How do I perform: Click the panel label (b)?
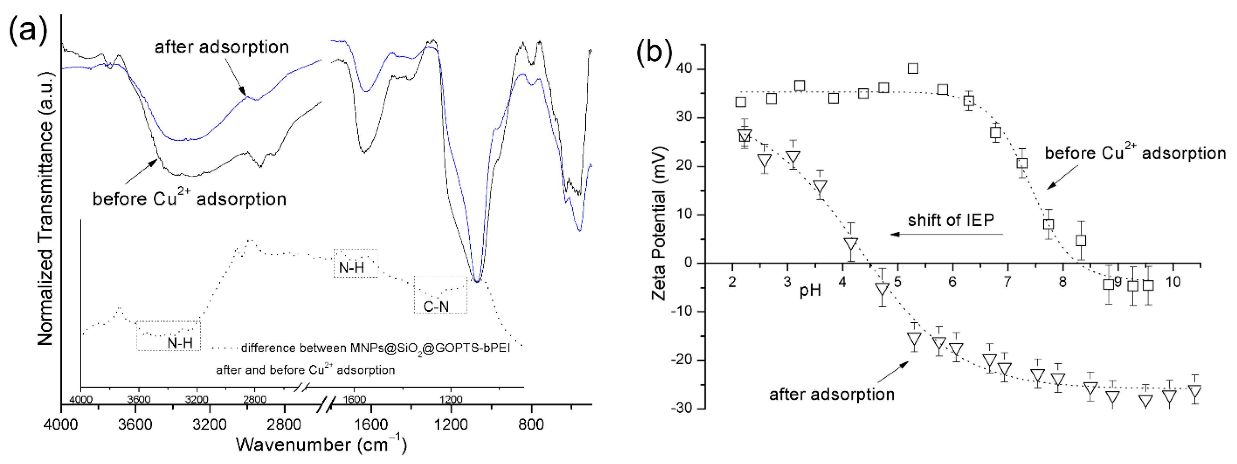(654, 52)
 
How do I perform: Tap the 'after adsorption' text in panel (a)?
(221, 47)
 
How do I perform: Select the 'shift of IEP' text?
(950, 220)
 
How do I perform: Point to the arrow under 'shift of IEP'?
(946, 234)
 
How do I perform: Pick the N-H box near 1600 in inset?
(355, 263)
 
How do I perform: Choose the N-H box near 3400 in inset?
(168, 335)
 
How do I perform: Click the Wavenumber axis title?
(321, 444)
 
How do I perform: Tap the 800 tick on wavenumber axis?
(531, 424)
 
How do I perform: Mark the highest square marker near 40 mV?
(913, 68)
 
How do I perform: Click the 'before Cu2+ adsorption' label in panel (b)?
(1135, 153)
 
